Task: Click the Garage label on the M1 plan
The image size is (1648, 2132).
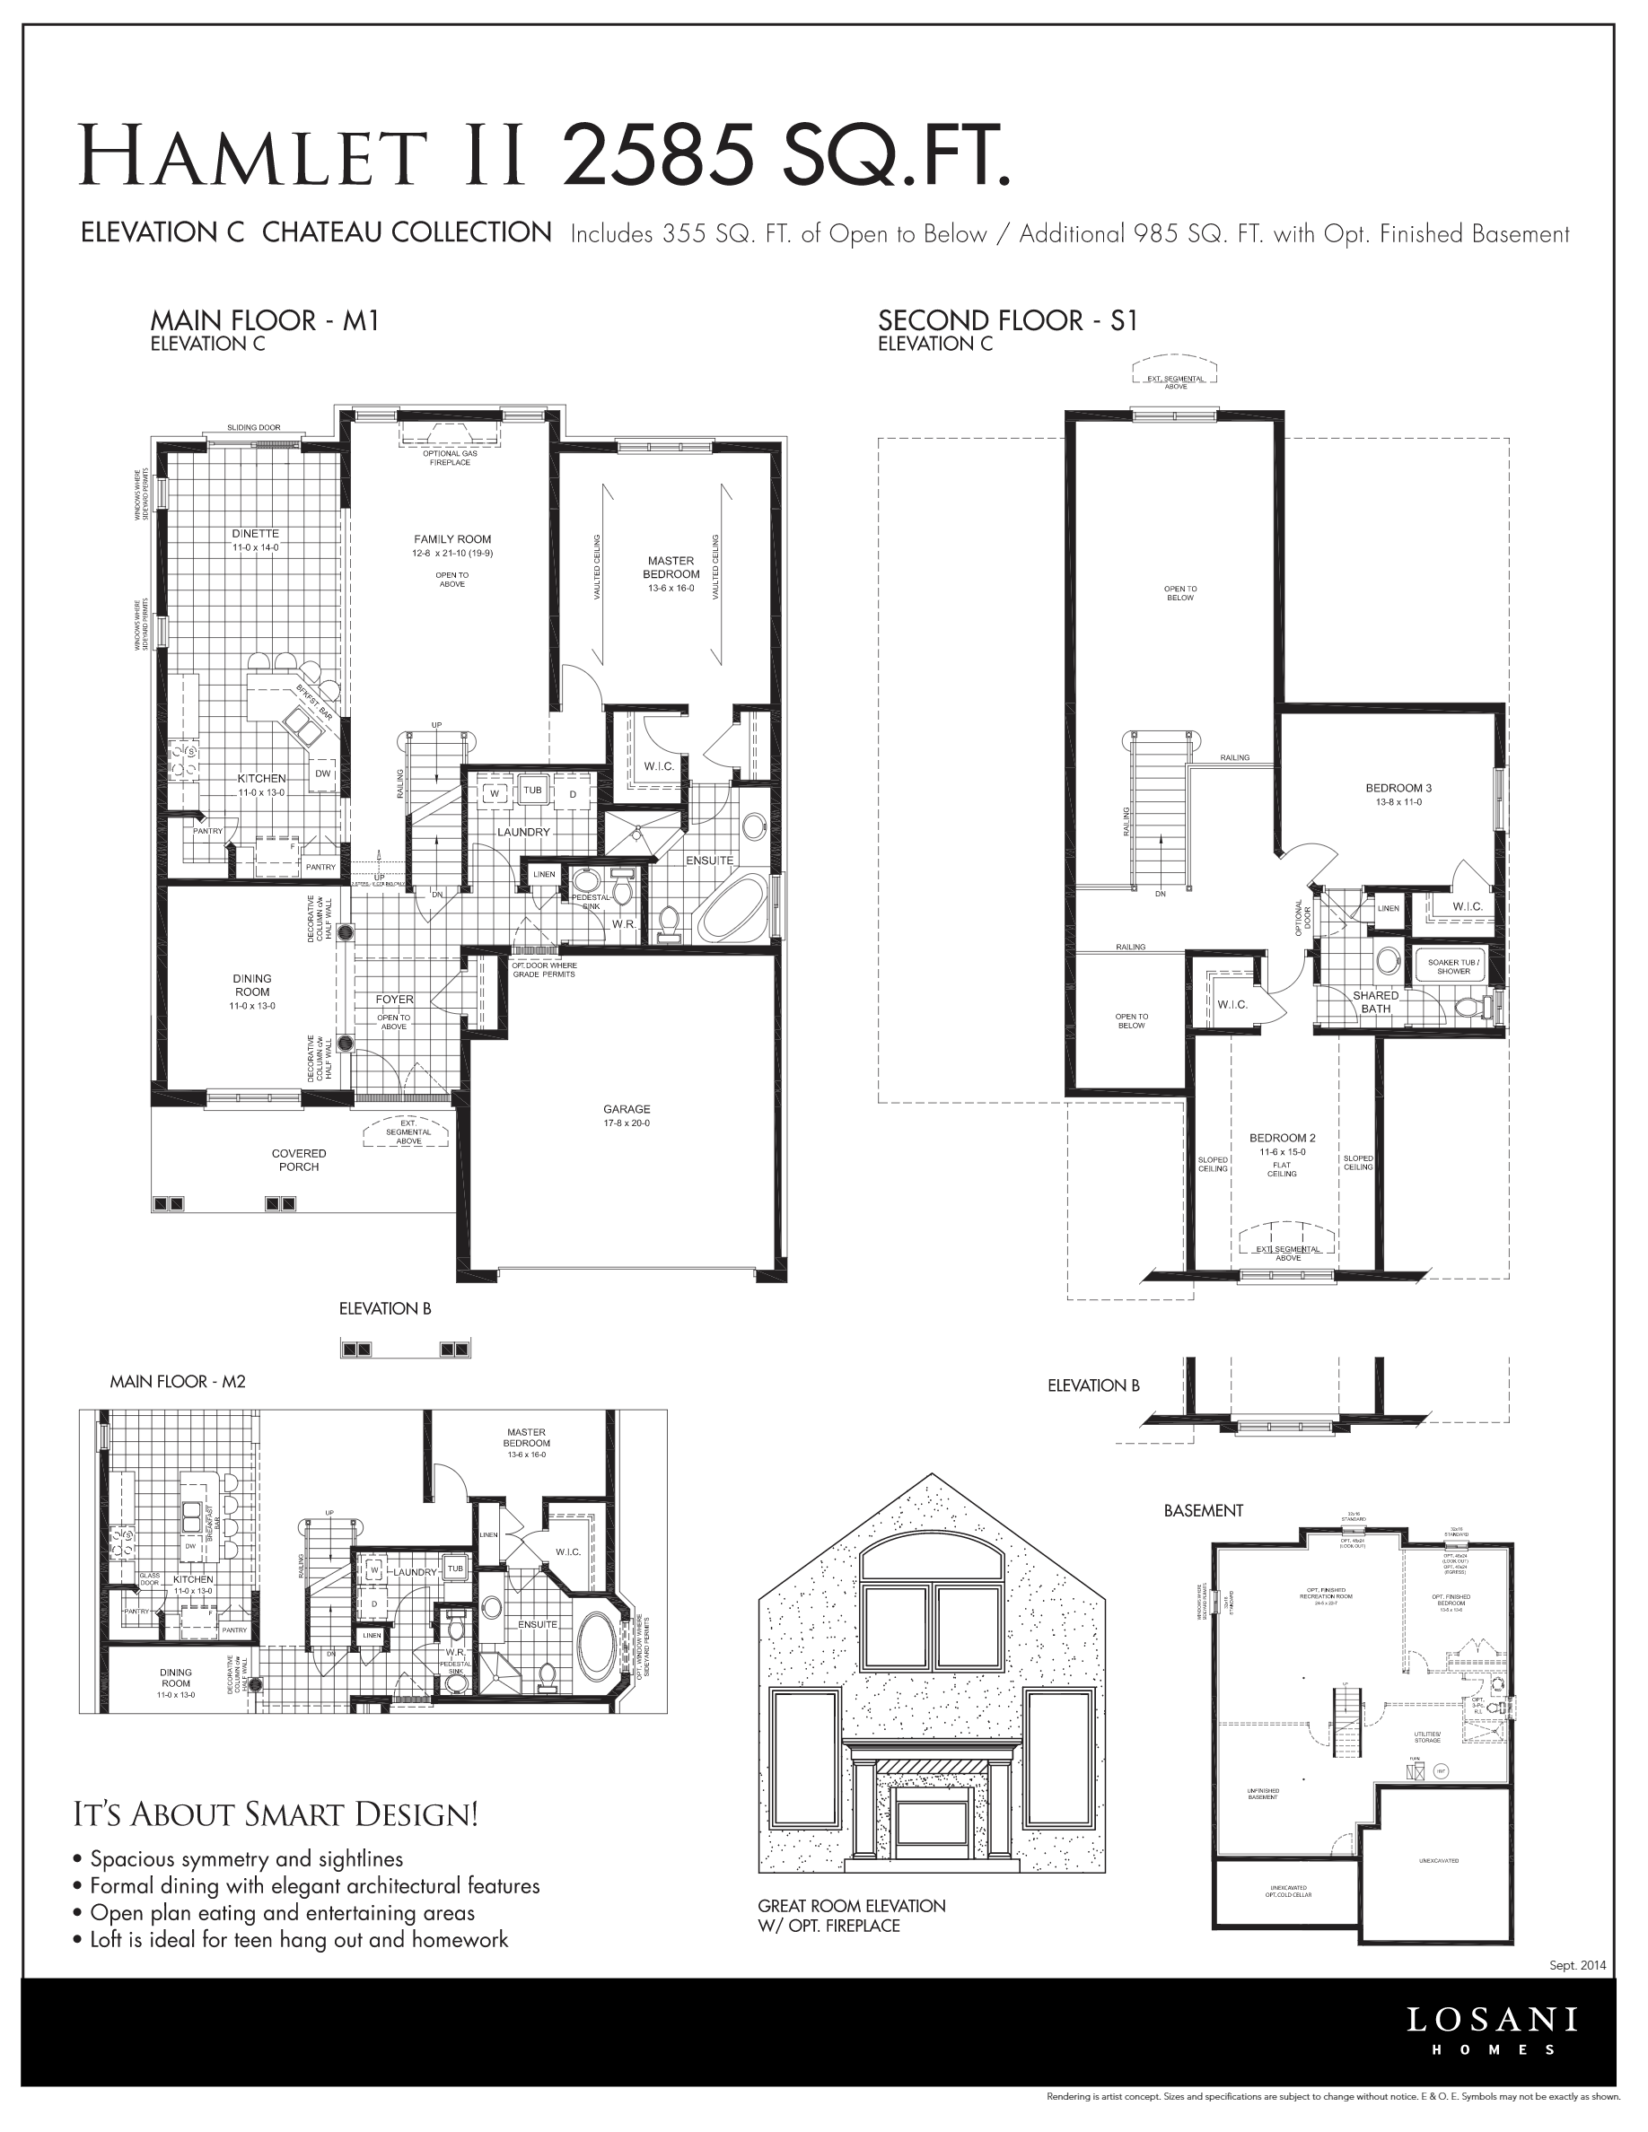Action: click(x=626, y=1109)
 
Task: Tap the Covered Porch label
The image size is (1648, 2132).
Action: click(x=299, y=1159)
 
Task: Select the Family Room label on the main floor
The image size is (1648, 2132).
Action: click(x=452, y=539)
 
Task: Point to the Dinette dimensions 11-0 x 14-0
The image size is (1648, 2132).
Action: click(x=255, y=548)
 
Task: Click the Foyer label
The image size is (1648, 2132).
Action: click(x=394, y=1000)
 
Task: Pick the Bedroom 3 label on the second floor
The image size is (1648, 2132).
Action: click(x=1398, y=788)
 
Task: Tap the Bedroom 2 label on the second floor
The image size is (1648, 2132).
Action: click(x=1282, y=1137)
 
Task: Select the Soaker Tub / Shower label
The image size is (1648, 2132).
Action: click(x=1452, y=966)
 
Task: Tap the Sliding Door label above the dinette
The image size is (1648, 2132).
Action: click(x=254, y=428)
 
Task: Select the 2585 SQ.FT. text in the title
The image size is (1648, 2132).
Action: click(x=786, y=154)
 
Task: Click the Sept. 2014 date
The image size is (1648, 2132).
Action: click(x=1577, y=1965)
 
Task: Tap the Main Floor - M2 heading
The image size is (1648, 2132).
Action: click(x=178, y=1381)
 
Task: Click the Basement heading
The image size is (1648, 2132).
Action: click(x=1203, y=1510)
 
